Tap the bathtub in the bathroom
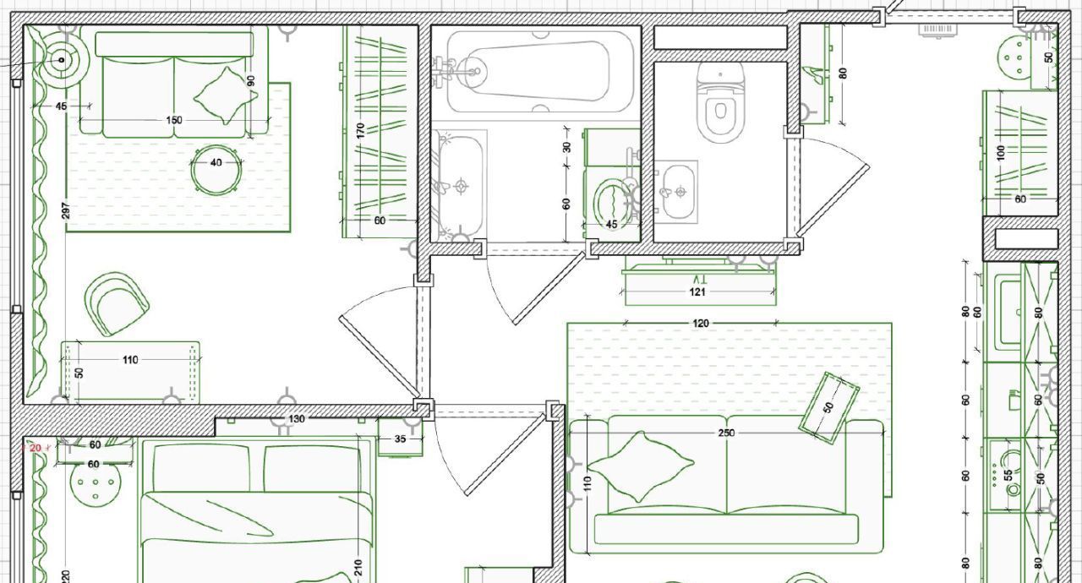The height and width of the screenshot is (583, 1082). (x=540, y=72)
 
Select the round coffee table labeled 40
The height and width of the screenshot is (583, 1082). (x=216, y=171)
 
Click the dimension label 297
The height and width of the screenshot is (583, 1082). (x=66, y=210)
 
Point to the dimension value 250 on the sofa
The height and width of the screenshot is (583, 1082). (x=726, y=433)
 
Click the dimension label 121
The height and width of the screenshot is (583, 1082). (x=697, y=292)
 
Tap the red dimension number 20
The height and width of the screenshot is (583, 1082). (x=36, y=448)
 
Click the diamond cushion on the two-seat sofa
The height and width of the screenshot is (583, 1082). (x=225, y=95)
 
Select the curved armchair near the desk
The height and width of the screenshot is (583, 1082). (x=116, y=303)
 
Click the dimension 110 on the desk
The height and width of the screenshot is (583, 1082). (x=130, y=360)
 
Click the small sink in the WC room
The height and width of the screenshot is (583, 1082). (x=678, y=192)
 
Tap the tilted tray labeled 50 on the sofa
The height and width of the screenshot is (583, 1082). (x=828, y=408)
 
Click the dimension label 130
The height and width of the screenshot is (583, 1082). (x=297, y=418)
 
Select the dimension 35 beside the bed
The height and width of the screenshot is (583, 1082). (x=400, y=439)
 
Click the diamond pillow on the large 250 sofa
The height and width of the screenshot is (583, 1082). (x=641, y=466)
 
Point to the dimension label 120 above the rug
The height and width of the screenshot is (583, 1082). (x=701, y=323)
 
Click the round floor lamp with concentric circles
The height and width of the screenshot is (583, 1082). (x=62, y=60)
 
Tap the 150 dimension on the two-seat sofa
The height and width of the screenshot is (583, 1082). (x=174, y=120)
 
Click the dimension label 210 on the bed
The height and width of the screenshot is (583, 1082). (x=358, y=569)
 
